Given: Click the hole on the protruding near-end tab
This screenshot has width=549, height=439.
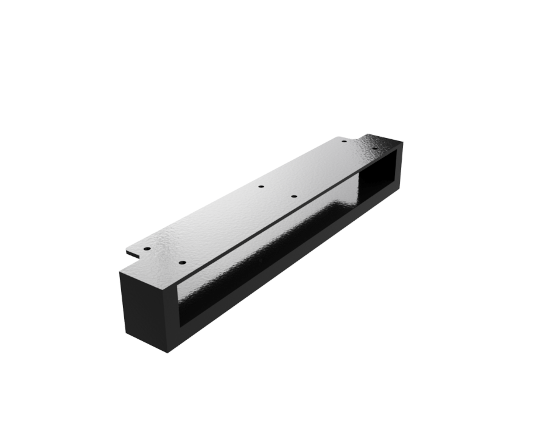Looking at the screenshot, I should click(147, 248).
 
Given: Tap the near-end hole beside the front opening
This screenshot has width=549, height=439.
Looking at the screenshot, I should click(181, 262).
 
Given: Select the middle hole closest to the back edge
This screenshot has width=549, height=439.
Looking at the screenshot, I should click(261, 186).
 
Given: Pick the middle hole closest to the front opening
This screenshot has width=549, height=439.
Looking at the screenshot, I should click(293, 196).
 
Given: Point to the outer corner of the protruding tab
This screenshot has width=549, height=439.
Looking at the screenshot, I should click(127, 251).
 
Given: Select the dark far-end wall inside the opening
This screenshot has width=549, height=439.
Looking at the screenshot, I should click(377, 176).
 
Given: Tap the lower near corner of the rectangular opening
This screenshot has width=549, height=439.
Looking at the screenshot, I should click(179, 321).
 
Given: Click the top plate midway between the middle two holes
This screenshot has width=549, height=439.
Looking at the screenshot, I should click(277, 192).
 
